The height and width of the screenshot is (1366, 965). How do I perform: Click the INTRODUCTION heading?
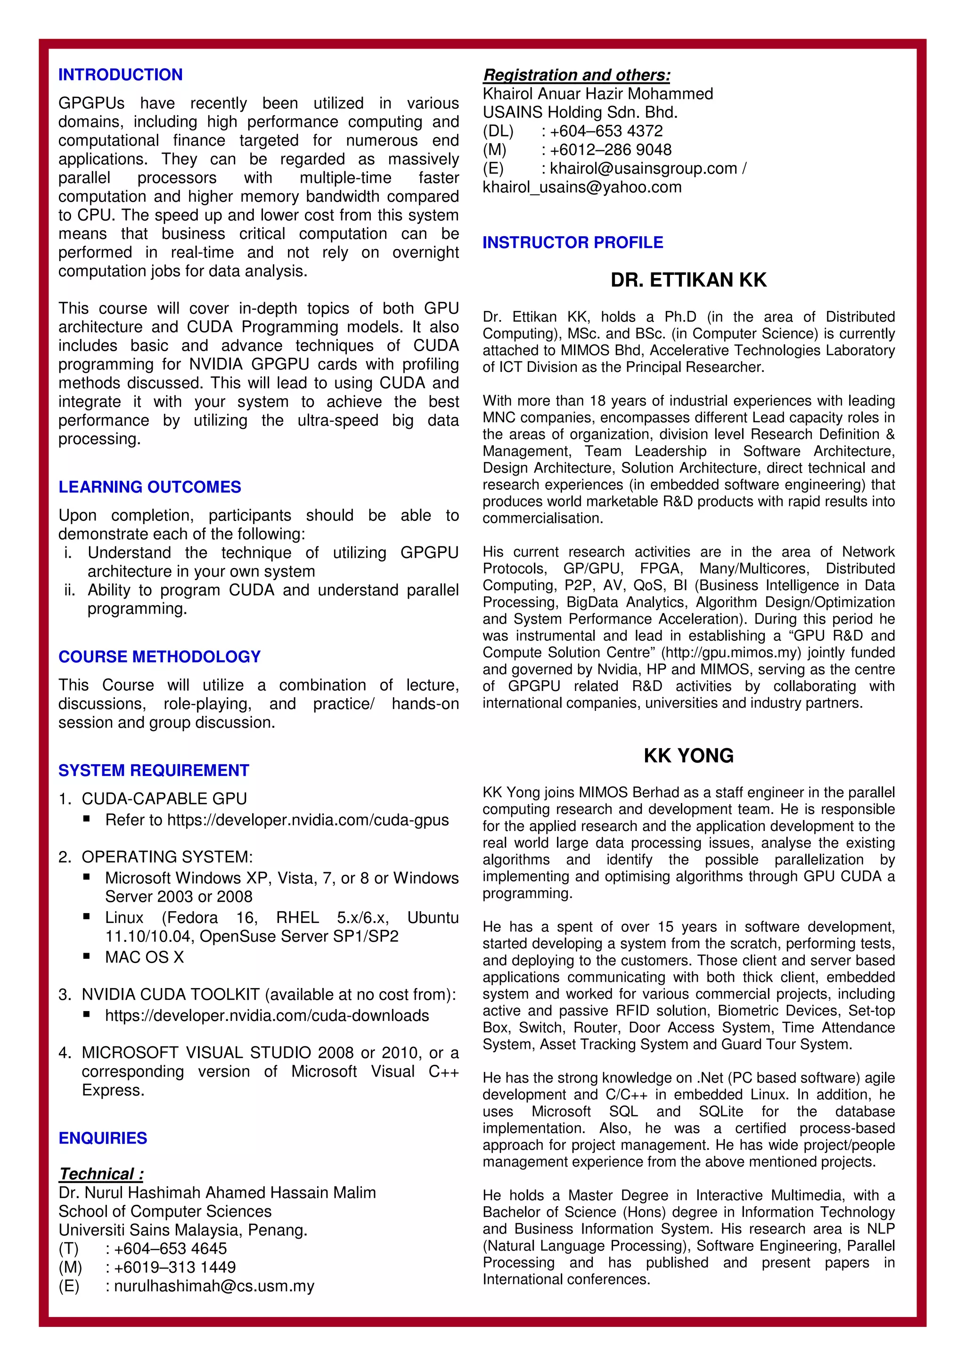click(x=120, y=75)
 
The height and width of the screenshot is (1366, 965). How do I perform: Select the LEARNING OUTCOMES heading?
click(x=149, y=487)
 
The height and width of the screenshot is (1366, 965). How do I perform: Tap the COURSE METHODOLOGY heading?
click(x=159, y=657)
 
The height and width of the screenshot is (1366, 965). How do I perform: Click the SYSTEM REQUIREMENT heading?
click(x=154, y=771)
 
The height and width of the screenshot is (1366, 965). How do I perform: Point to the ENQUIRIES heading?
click(x=102, y=1138)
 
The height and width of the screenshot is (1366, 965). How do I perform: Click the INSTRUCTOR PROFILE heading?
click(x=572, y=243)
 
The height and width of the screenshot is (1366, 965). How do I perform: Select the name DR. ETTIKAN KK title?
click(x=688, y=280)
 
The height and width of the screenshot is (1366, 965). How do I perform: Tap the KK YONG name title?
click(x=688, y=756)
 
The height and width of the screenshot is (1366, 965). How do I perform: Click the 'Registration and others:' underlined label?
click(x=576, y=75)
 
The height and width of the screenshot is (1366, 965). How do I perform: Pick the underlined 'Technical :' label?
click(x=101, y=1174)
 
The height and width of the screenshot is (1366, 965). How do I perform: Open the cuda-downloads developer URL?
click(x=267, y=1016)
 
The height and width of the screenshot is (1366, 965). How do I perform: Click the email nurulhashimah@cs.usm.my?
click(x=214, y=1286)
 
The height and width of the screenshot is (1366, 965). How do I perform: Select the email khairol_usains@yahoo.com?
click(x=582, y=188)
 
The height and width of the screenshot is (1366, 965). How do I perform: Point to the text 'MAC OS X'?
click(x=145, y=957)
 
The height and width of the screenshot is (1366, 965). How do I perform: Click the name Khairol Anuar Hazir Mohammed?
click(x=597, y=94)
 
